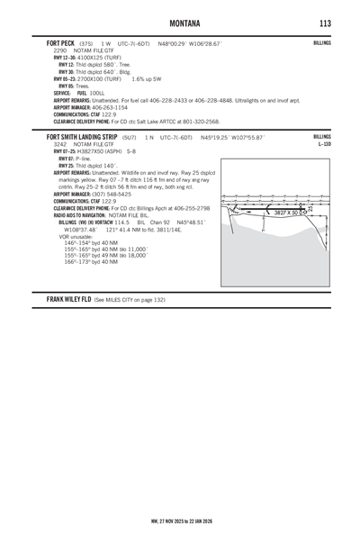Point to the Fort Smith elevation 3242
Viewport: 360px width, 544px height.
(x=61, y=144)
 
